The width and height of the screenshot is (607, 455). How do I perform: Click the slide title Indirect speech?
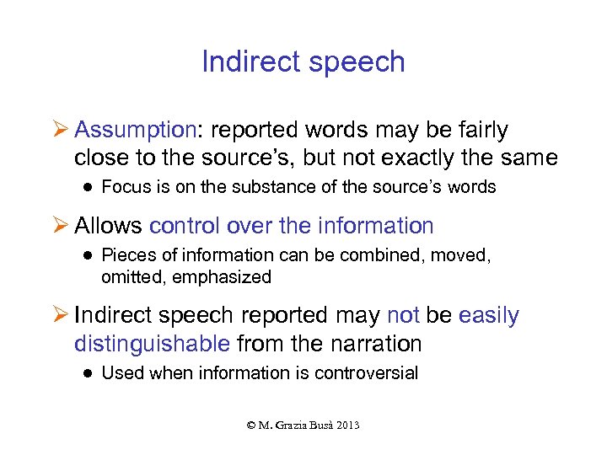[x=303, y=62]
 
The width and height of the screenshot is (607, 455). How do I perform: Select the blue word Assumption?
[x=135, y=130]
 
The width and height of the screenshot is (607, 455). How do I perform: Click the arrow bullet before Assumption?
[x=59, y=131]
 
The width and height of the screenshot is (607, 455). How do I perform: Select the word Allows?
[x=108, y=226]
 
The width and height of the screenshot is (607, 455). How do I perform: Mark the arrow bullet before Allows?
[x=59, y=227]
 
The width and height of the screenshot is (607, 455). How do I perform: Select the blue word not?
[x=403, y=315]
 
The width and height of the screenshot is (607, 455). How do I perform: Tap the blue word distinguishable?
[x=152, y=343]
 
